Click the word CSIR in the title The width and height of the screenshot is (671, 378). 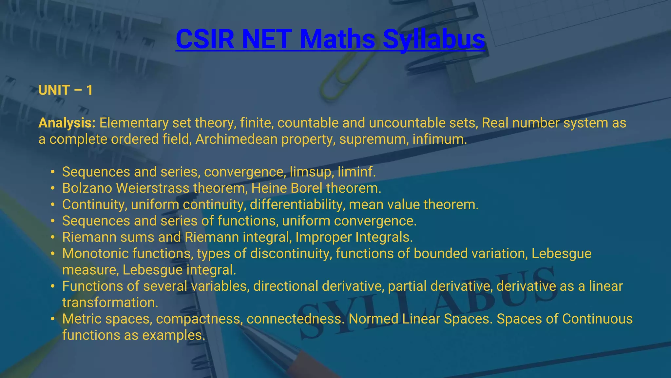coord(205,39)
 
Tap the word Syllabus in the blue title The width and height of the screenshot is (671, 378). coord(434,39)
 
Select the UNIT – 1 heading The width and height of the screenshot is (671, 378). coord(66,90)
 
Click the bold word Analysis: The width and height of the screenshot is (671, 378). coord(67,123)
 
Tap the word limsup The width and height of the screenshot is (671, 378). coord(310,172)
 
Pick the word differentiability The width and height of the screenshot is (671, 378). coord(297,205)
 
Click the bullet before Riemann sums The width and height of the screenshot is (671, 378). coord(53,237)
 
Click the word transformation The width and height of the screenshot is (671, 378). coord(110,303)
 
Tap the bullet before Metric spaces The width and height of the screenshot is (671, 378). coord(53,319)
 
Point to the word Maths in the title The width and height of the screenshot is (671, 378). coord(337,39)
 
